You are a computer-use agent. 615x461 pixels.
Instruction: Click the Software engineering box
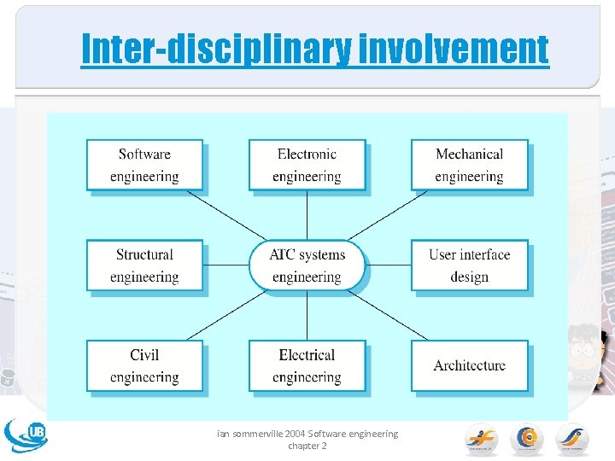[144, 165]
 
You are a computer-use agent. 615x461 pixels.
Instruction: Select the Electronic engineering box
[307, 165]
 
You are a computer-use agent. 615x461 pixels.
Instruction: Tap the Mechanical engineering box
[469, 165]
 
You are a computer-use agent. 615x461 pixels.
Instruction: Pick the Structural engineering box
[144, 266]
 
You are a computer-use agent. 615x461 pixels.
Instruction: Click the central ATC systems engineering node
[307, 266]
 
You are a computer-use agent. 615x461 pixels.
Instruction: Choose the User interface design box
[469, 266]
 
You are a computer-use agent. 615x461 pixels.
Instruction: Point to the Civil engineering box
[144, 365]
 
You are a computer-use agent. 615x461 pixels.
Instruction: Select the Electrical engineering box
[307, 365]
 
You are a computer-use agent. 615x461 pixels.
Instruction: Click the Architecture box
[469, 365]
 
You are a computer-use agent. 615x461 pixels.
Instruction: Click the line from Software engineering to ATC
[226, 215]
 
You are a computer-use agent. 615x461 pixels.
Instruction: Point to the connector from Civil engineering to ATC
[226, 315]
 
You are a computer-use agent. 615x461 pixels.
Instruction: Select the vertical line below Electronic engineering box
[307, 215]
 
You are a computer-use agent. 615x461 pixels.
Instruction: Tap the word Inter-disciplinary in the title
[215, 49]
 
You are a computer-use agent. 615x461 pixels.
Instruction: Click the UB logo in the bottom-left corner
[26, 435]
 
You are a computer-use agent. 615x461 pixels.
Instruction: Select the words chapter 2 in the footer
[307, 446]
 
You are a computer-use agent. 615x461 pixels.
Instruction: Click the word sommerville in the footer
[251, 434]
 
